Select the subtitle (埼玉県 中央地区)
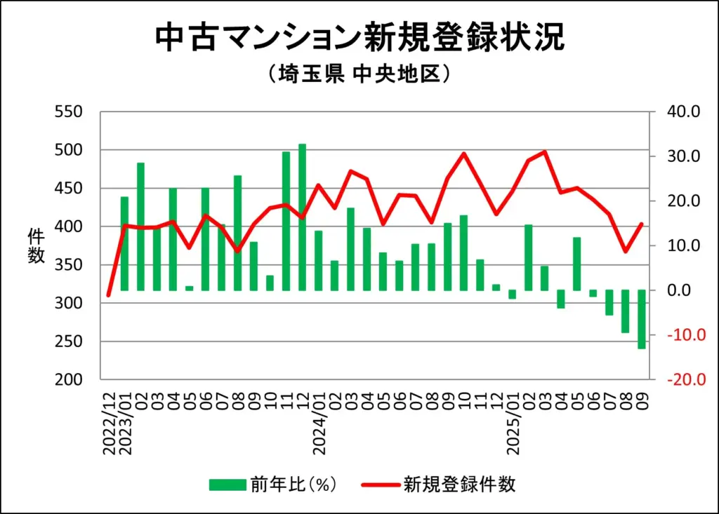coord(359,74)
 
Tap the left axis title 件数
coord(36,245)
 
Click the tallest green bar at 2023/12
coord(302,217)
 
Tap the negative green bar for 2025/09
coord(642,319)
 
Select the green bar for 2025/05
coord(577,264)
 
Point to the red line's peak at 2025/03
coord(545,151)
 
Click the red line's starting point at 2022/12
coord(108,296)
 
